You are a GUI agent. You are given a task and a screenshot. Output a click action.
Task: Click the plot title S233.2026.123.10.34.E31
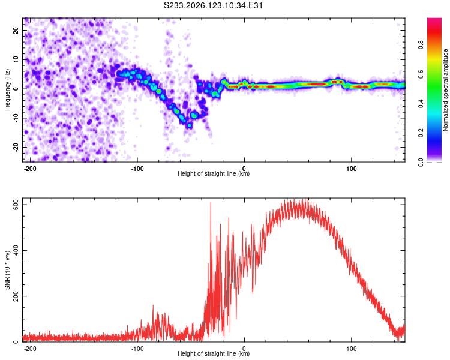click(x=213, y=5)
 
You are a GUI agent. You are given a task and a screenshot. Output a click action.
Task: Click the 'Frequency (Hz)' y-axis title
click(x=7, y=89)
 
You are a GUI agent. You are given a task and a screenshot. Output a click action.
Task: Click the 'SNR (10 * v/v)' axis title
click(x=7, y=270)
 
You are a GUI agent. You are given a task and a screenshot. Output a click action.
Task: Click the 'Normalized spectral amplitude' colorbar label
click(x=445, y=90)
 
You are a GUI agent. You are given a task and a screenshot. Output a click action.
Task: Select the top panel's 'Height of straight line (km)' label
click(x=214, y=173)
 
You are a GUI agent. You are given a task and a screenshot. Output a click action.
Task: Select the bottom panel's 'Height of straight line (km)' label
click(x=214, y=353)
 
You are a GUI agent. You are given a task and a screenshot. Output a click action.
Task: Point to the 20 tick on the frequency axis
click(x=16, y=31)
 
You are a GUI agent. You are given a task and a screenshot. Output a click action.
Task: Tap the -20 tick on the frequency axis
click(x=16, y=147)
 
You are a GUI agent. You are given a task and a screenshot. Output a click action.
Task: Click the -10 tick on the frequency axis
click(x=16, y=118)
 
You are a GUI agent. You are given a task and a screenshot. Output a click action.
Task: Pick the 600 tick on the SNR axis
click(x=16, y=205)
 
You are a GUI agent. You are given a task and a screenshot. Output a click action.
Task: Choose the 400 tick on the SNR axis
click(x=16, y=250)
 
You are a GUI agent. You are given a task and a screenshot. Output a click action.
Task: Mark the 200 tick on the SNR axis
click(x=16, y=296)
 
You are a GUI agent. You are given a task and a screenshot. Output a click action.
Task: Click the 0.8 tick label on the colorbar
click(x=421, y=45)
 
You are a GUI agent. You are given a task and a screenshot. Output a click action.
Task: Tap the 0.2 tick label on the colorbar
click(x=421, y=133)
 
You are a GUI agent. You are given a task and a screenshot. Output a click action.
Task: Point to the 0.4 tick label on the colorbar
click(x=421, y=103)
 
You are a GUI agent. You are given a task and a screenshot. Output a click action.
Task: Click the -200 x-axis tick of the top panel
click(x=30, y=169)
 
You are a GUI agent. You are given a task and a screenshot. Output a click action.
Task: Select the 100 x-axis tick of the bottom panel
click(x=351, y=349)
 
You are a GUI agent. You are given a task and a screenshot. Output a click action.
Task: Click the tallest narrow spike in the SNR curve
click(x=211, y=202)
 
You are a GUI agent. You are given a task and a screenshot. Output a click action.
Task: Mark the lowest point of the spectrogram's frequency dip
click(x=189, y=125)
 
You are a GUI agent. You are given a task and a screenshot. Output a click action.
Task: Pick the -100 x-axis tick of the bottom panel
click(x=137, y=349)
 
